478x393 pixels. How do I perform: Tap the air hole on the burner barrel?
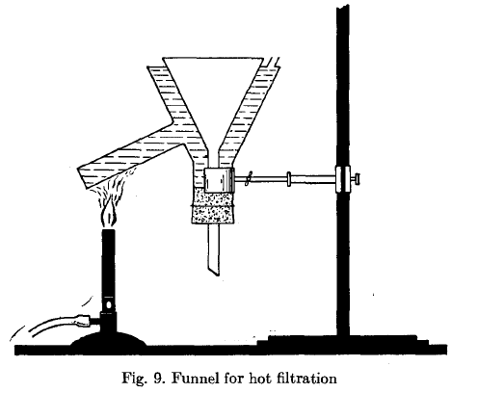click(109, 302)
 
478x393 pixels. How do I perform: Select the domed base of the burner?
click(109, 340)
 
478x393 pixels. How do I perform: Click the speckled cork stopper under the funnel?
click(213, 205)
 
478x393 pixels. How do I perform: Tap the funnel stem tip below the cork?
click(214, 273)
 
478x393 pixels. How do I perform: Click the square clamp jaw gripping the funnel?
click(219, 180)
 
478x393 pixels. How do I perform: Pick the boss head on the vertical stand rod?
click(342, 179)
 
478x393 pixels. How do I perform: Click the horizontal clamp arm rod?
click(285, 179)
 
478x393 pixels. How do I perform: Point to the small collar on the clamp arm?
click(289, 179)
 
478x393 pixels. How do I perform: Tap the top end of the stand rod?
click(343, 6)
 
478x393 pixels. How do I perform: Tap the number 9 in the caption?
click(158, 378)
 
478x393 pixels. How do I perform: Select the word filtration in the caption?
click(306, 378)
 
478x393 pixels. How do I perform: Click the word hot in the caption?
click(260, 378)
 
